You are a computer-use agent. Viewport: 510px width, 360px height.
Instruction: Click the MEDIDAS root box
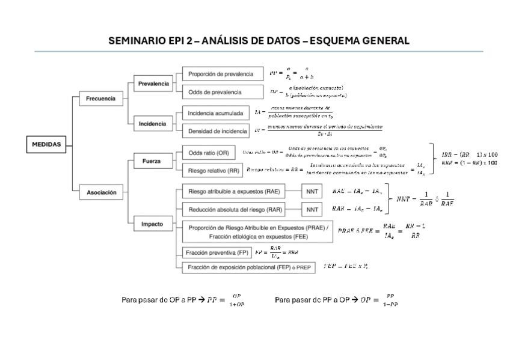(x=46, y=144)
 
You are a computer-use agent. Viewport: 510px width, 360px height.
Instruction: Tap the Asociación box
(x=101, y=193)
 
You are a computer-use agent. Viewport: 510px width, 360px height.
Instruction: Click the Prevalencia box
(x=153, y=84)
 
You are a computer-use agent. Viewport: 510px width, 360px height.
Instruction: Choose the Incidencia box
(x=152, y=124)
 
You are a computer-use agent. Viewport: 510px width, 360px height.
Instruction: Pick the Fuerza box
(x=152, y=161)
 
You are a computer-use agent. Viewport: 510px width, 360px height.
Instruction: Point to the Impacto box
(x=152, y=224)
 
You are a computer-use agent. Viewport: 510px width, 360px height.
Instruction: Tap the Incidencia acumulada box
(x=215, y=112)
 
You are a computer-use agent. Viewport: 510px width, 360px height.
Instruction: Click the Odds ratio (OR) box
(x=209, y=153)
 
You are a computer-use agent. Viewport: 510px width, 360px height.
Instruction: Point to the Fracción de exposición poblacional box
(x=248, y=267)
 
